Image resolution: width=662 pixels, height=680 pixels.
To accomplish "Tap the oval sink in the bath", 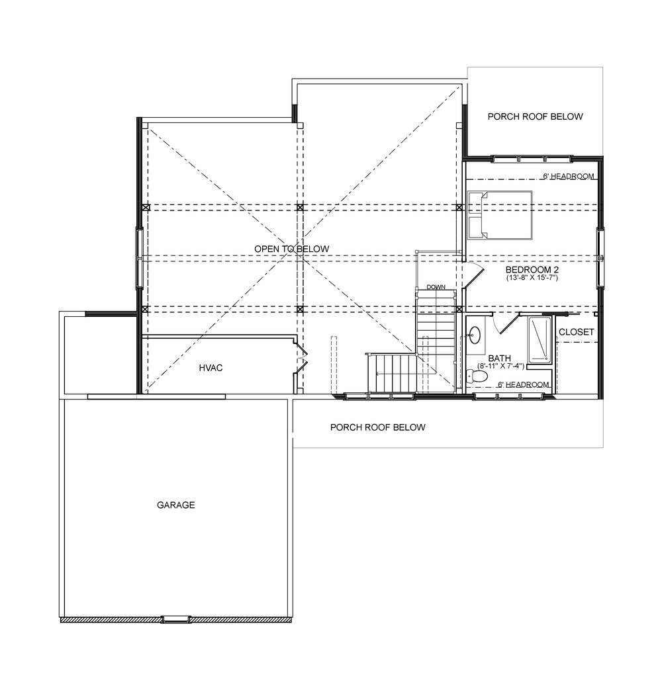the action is point(475,334).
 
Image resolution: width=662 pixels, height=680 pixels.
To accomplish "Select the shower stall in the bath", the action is point(540,340).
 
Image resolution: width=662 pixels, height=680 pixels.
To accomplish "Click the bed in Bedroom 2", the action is point(500,215).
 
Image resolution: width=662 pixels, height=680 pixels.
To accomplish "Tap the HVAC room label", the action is point(211,368).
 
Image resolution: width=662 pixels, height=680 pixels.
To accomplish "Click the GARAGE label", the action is point(176,505).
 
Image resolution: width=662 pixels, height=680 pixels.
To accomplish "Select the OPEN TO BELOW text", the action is point(292,249).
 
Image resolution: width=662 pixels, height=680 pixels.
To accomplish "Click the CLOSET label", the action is point(576,332).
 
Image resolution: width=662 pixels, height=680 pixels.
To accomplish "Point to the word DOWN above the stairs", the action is point(436,287).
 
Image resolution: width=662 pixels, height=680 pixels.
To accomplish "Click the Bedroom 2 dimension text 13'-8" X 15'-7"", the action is point(532,278).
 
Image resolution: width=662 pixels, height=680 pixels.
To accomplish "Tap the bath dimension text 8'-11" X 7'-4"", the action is point(500,366).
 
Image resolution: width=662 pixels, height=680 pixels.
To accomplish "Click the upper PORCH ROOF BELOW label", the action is point(536,116).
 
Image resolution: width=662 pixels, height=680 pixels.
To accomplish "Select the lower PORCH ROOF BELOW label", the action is point(377,427).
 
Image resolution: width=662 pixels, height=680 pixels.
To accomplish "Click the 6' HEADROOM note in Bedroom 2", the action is point(568,177).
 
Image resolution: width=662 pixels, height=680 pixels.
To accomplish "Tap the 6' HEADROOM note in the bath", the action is point(523,385).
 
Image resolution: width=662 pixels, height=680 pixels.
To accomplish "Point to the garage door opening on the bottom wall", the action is point(176,618).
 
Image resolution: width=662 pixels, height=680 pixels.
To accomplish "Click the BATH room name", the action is point(500,359).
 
